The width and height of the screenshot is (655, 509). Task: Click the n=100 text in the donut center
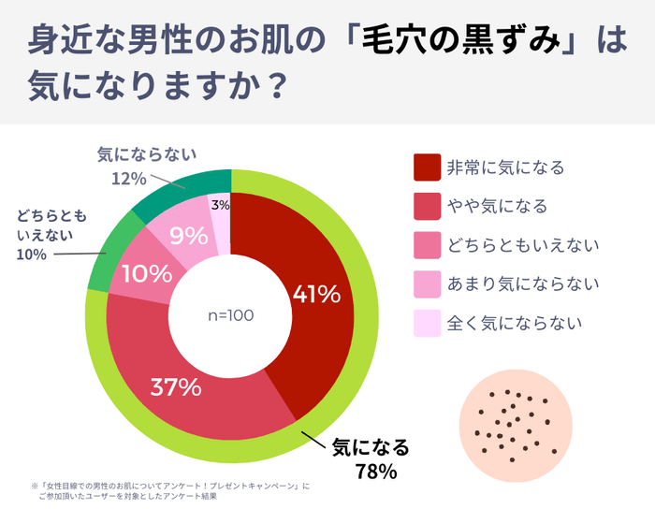click(x=230, y=315)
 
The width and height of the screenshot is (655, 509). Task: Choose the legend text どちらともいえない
click(x=523, y=245)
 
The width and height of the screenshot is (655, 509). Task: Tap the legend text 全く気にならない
click(x=516, y=323)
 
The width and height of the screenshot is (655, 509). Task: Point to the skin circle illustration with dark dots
click(x=516, y=422)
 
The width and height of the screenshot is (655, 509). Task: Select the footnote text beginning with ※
click(x=168, y=491)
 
